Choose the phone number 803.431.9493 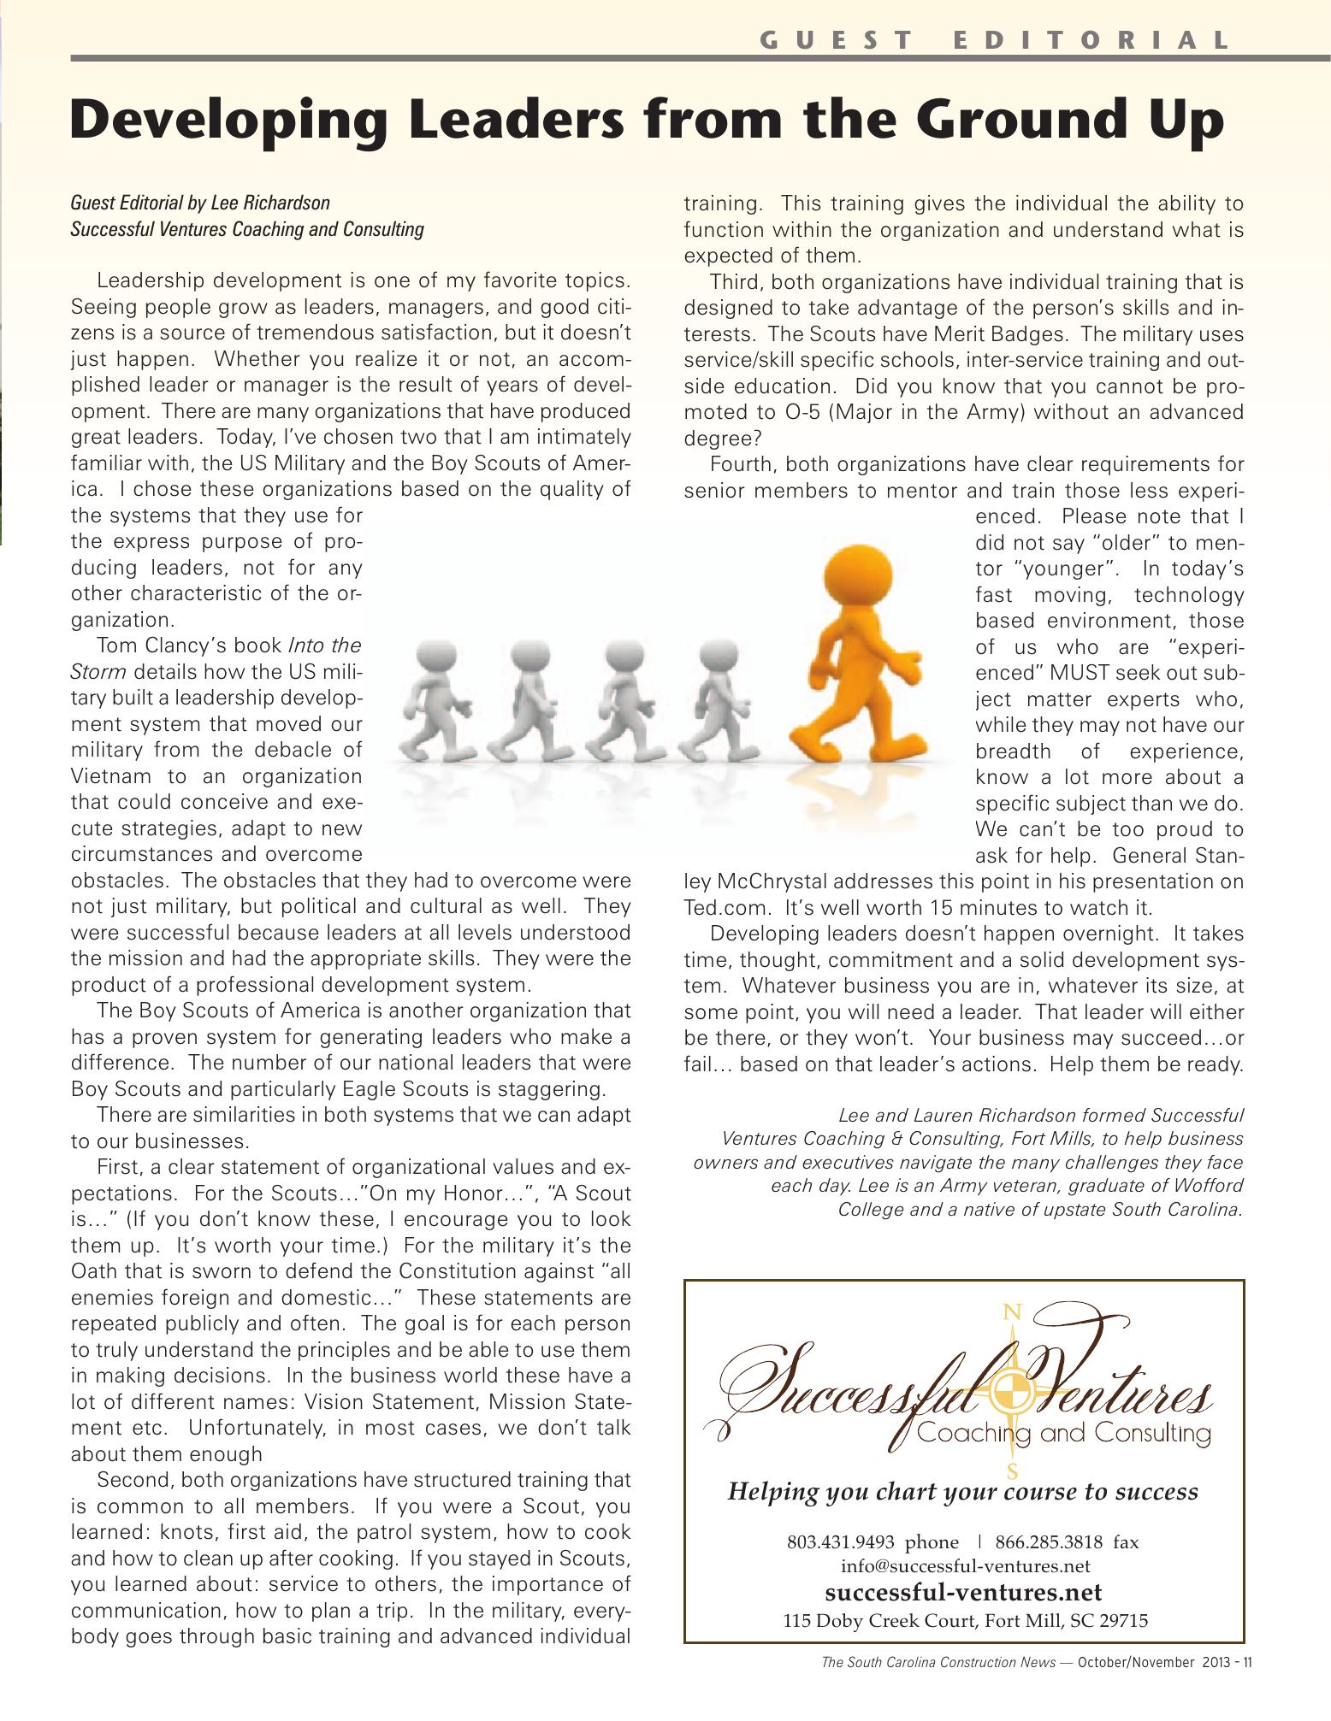point(840,1542)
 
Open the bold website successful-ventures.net point(963,1592)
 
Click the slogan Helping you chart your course point(962,1492)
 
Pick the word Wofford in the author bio point(1211,1186)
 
